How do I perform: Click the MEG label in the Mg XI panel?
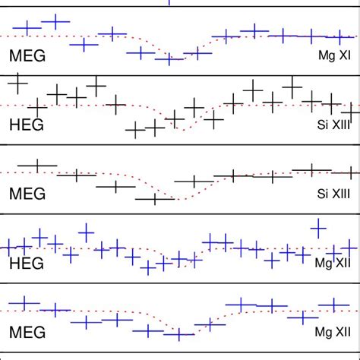[27, 55]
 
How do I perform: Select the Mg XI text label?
[334, 56]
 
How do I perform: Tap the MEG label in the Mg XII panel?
[27, 332]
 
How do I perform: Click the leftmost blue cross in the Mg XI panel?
[27, 29]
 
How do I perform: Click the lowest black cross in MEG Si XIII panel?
[155, 198]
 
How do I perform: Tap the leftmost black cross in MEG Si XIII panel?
[36, 165]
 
